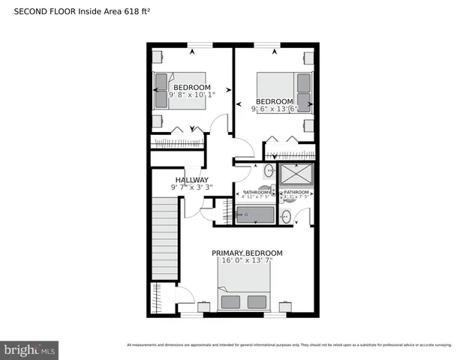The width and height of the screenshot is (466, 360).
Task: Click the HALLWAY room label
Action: (x=192, y=180)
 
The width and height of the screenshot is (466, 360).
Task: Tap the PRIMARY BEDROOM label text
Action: (x=247, y=253)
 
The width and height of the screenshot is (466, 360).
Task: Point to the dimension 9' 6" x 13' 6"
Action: (x=274, y=109)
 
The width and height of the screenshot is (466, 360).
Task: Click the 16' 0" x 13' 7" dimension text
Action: (x=247, y=261)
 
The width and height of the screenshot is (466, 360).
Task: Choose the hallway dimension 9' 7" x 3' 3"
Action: (x=192, y=187)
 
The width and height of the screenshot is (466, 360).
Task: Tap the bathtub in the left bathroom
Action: (x=256, y=216)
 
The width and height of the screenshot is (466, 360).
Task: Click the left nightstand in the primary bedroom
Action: (x=203, y=307)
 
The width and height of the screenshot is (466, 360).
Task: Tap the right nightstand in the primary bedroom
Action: (x=285, y=307)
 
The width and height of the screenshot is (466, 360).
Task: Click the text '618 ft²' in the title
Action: (x=146, y=13)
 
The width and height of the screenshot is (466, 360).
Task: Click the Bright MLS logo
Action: (x=29, y=349)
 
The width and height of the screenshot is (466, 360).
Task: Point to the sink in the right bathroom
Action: (x=287, y=217)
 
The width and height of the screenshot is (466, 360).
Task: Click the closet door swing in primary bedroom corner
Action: (x=185, y=295)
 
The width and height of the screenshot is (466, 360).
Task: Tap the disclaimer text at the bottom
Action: (x=289, y=345)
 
